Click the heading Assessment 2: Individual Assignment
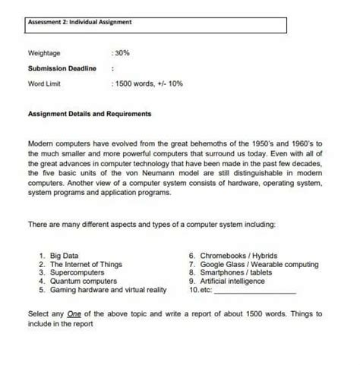pyautogui.click(x=80, y=22)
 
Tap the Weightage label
pyautogui.click(x=44, y=55)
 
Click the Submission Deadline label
pyautogui.click(x=62, y=68)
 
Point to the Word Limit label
pyautogui.click(x=45, y=83)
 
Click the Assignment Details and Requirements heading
pyautogui.click(x=90, y=114)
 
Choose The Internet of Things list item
pyautogui.click(x=86, y=265)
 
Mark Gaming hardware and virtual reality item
pyautogui.click(x=107, y=290)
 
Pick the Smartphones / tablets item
pyautogui.click(x=238, y=273)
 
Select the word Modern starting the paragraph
pyautogui.click(x=41, y=143)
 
